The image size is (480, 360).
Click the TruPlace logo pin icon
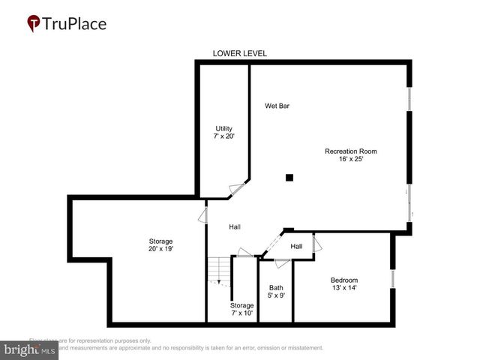pyautogui.click(x=34, y=23)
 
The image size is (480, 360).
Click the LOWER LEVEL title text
pyautogui.click(x=240, y=53)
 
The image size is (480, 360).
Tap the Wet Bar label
pyautogui.click(x=277, y=106)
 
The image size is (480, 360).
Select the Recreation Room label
pyautogui.click(x=350, y=151)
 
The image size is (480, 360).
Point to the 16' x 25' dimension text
pyautogui.click(x=350, y=159)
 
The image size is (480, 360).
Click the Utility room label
pyautogui.click(x=224, y=128)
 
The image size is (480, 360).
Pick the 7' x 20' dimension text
pyautogui.click(x=224, y=136)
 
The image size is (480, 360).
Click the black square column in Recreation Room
pyautogui.click(x=289, y=178)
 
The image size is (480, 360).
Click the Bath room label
pyautogui.click(x=276, y=287)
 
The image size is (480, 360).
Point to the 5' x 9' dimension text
pyautogui.click(x=276, y=295)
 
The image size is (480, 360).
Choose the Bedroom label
pyautogui.click(x=344, y=280)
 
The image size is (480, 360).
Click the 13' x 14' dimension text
pyautogui.click(x=344, y=289)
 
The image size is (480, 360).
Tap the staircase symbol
pyautogui.click(x=218, y=271)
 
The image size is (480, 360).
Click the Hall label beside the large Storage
pyautogui.click(x=235, y=226)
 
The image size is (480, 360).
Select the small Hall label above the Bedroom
pyautogui.click(x=296, y=246)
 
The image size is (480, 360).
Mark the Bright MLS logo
pyautogui.click(x=30, y=349)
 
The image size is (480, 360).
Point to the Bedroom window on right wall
pyautogui.click(x=392, y=278)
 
